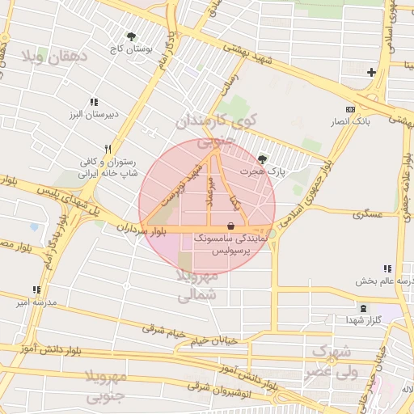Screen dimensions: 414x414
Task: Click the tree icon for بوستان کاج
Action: point(131,36)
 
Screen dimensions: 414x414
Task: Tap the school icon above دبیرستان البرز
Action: point(95,102)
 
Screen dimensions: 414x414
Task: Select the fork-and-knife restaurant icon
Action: point(106,149)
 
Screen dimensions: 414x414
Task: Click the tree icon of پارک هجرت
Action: point(261,159)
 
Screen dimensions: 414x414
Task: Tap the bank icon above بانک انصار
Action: point(349,109)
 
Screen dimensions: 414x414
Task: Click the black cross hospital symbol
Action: point(371,73)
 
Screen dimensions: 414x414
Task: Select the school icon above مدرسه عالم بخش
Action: point(387,269)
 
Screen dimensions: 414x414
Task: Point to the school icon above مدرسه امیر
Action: point(36,289)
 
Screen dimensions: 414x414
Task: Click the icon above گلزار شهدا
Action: point(362,308)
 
